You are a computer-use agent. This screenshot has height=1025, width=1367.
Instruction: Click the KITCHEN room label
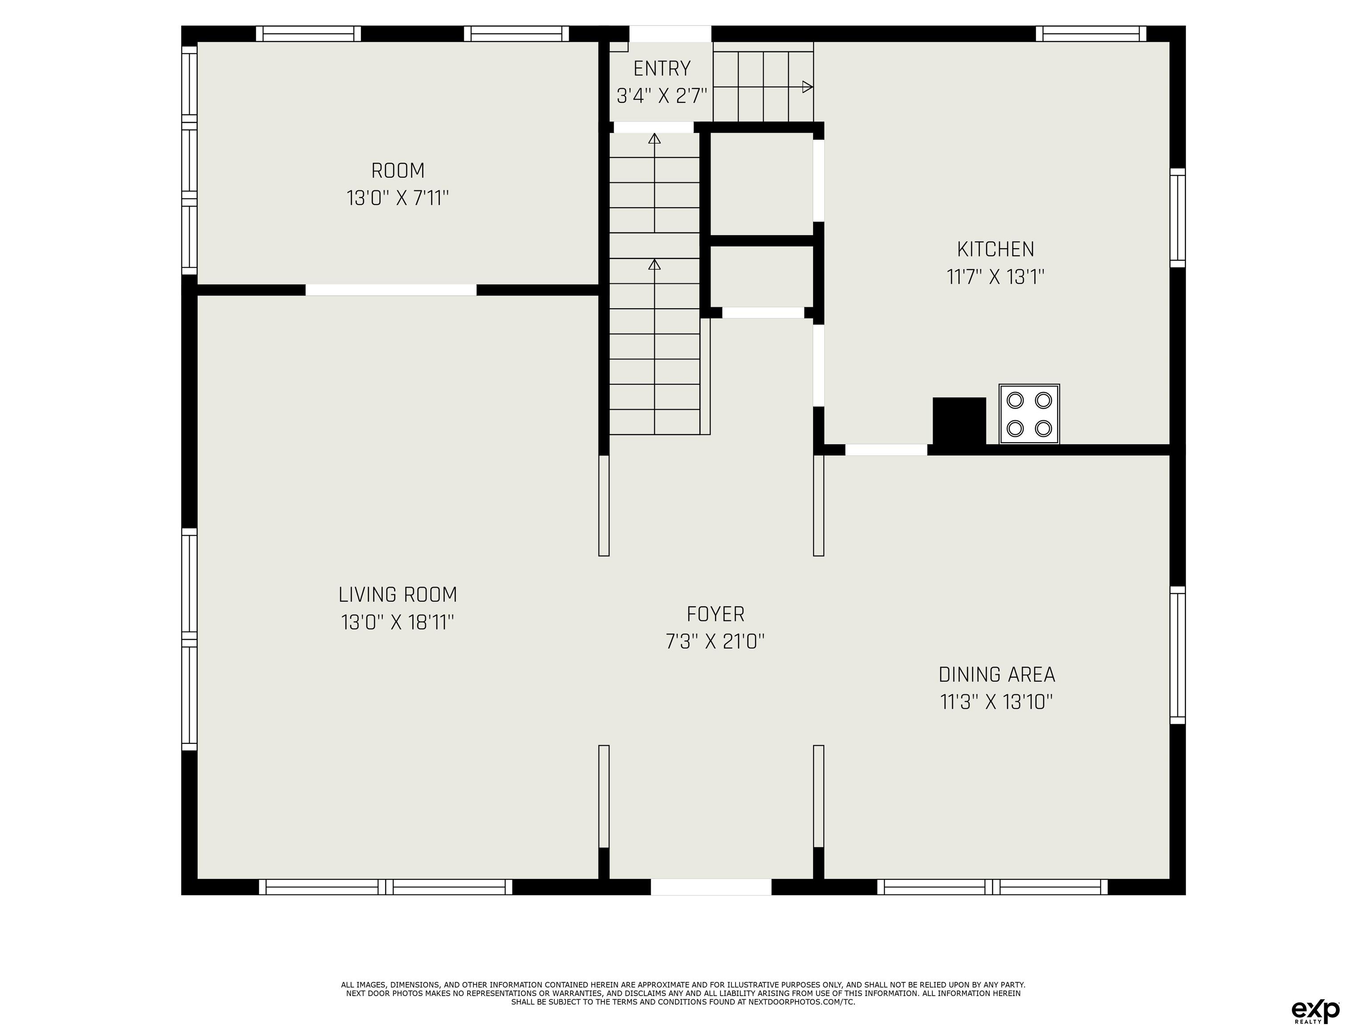(995, 249)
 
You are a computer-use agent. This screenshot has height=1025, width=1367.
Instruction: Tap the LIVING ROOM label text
(397, 594)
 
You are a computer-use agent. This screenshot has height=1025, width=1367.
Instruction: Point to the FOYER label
(715, 613)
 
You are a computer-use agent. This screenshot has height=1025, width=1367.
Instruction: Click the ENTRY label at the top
(661, 68)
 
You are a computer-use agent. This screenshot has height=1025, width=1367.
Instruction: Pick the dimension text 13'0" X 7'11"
(397, 198)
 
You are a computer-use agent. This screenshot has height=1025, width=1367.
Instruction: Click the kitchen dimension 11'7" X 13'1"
(995, 277)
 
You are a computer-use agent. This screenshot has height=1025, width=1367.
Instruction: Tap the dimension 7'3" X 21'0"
(715, 642)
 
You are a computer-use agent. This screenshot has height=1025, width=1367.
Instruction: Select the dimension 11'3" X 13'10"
(996, 702)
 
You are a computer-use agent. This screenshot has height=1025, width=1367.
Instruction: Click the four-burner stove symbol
(1029, 414)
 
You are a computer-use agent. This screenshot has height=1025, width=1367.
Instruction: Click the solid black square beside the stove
(959, 421)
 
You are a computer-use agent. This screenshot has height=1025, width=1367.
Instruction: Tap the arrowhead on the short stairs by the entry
(807, 87)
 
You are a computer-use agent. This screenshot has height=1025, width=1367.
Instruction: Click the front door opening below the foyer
(711, 887)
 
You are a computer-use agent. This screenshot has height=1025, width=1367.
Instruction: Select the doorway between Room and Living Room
(391, 290)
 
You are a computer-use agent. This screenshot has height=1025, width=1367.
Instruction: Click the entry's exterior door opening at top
(670, 33)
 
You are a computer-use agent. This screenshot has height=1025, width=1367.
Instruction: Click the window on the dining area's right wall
(1178, 655)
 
